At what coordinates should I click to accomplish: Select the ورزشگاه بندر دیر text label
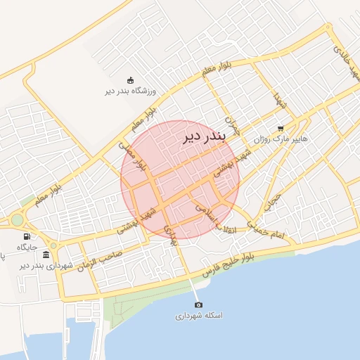(x=130, y=91)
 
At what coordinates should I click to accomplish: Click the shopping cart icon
(x=281, y=129)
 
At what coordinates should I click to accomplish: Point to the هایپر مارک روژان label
(x=281, y=139)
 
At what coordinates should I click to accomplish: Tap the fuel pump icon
(x=27, y=237)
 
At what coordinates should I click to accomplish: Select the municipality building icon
(x=46, y=255)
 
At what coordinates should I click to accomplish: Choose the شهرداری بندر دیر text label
(x=46, y=265)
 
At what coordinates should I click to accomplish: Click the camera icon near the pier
(x=198, y=304)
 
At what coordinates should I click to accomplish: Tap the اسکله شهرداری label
(x=199, y=316)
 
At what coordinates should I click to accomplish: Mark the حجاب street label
(x=272, y=202)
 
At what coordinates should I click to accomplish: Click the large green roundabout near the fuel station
(x=17, y=220)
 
